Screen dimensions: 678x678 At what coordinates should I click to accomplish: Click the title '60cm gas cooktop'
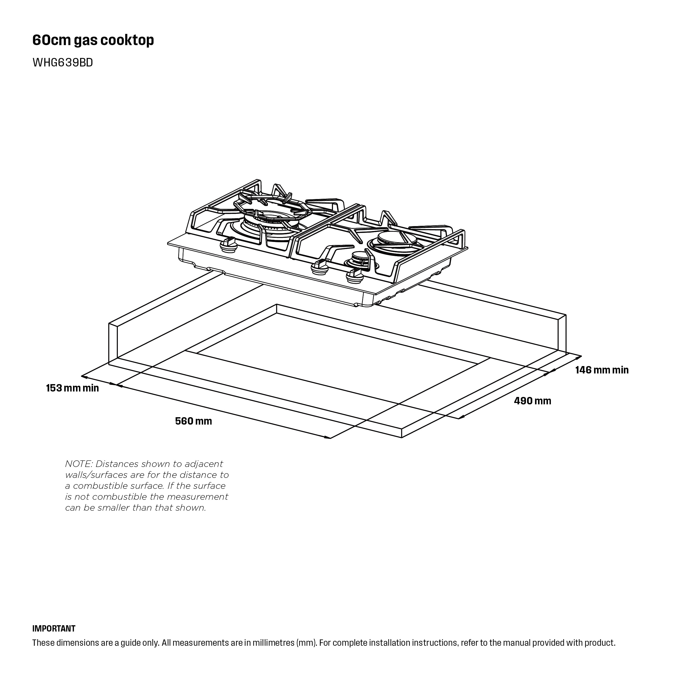(x=93, y=40)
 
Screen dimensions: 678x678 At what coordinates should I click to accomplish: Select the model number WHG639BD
(x=62, y=62)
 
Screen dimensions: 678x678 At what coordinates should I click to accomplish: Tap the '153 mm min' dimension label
(x=72, y=388)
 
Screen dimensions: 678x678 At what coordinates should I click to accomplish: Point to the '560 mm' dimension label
(x=193, y=421)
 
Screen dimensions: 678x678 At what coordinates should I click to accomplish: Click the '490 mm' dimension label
(x=532, y=401)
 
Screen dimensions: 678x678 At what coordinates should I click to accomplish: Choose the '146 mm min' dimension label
(x=602, y=370)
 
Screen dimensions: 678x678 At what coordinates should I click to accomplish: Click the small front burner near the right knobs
(x=359, y=260)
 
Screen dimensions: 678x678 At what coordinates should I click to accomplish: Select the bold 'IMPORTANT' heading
(x=54, y=628)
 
